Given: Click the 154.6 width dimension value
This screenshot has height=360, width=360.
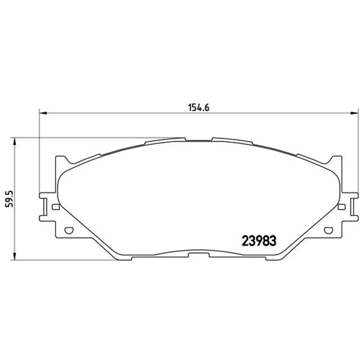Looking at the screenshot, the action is click(x=198, y=108).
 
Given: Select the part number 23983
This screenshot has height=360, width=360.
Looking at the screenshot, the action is click(x=259, y=241).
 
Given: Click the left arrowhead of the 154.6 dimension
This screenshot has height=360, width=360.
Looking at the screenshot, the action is click(x=43, y=113).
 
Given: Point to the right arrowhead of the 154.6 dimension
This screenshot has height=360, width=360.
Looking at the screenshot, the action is click(x=355, y=113).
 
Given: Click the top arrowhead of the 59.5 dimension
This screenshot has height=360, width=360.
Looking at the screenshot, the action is click(x=14, y=141).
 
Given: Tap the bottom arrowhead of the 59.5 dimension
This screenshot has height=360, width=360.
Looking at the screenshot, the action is click(x=14, y=256).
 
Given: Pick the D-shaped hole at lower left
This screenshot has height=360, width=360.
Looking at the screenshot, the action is click(x=69, y=230).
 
